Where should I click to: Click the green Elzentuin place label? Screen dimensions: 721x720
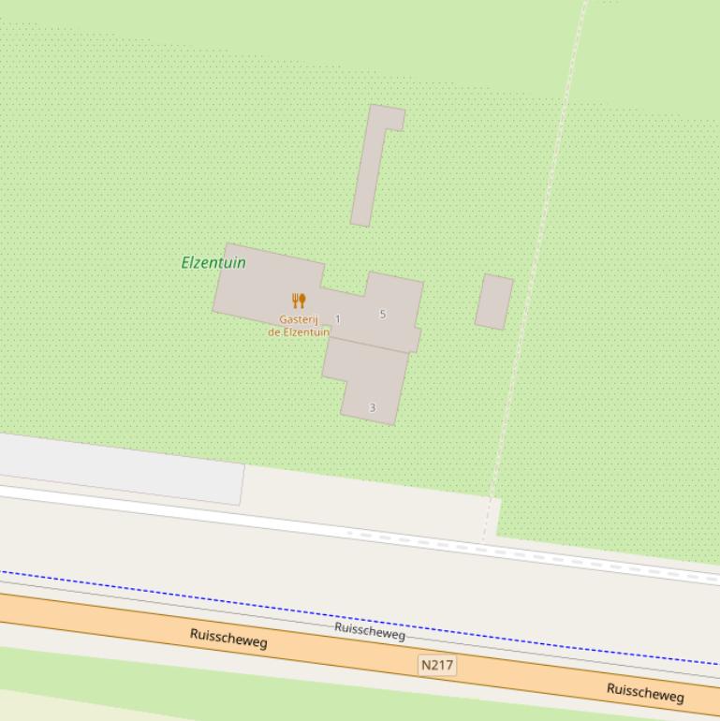coord(213,262)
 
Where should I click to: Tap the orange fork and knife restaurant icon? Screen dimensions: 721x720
coord(299,301)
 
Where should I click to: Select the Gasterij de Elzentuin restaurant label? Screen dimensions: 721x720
coord(299,326)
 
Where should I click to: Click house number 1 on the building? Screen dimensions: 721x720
coord(338,319)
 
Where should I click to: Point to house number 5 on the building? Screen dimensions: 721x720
coord(382,314)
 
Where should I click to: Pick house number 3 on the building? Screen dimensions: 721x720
coord(373,407)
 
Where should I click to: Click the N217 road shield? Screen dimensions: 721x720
coord(437,666)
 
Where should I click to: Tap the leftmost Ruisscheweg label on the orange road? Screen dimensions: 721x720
coord(228,639)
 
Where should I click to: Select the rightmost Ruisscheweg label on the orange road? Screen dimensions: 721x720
coord(645,692)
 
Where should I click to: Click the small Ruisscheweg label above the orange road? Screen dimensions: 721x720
coord(370,632)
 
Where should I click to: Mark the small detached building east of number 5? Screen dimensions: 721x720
coord(493,302)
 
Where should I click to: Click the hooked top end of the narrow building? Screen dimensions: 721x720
coord(388,117)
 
